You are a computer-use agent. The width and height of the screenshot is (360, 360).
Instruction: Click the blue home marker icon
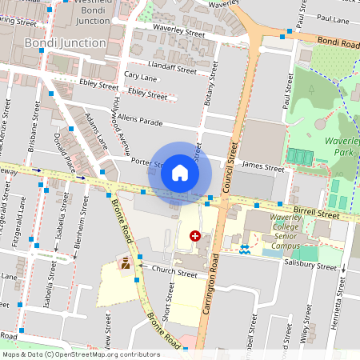pyautogui.click(x=180, y=173)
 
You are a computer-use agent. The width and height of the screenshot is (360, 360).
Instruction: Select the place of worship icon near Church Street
pyautogui.click(x=126, y=262)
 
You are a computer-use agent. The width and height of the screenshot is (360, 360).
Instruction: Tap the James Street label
pyautogui.click(x=263, y=169)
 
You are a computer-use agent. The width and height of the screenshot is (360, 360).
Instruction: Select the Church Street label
pyautogui.click(x=173, y=273)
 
